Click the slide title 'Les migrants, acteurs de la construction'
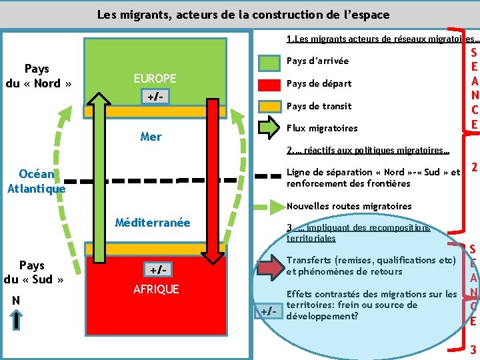coord(243,14)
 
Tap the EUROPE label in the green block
coord(155,78)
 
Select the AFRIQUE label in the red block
coord(156,289)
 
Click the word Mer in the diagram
coord(151,137)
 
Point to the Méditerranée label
coord(153,223)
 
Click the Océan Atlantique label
coord(37,181)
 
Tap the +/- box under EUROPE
coord(155,96)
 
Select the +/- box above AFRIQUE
coord(157,270)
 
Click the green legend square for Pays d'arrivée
coord(269,63)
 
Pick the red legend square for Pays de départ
coord(269,85)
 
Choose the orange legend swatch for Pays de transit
coord(269,106)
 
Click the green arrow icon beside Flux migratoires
coord(269,128)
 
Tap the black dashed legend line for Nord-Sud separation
coord(269,177)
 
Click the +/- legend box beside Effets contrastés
coord(268,311)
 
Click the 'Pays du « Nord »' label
coord(37,76)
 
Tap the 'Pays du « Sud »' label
coord(33,273)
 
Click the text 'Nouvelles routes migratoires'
coord(349,206)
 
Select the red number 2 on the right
coord(473,169)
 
